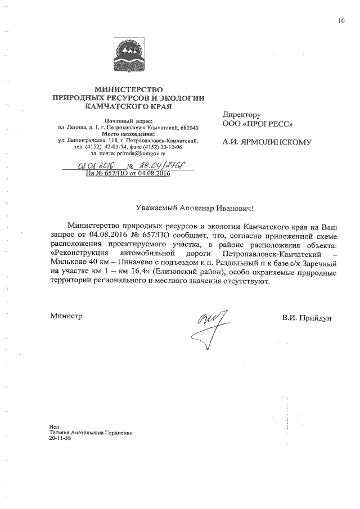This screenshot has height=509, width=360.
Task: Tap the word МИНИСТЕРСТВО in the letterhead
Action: click(x=128, y=89)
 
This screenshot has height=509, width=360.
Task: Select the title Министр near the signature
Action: click(x=66, y=316)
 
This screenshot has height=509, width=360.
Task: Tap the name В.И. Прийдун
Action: click(x=307, y=318)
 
